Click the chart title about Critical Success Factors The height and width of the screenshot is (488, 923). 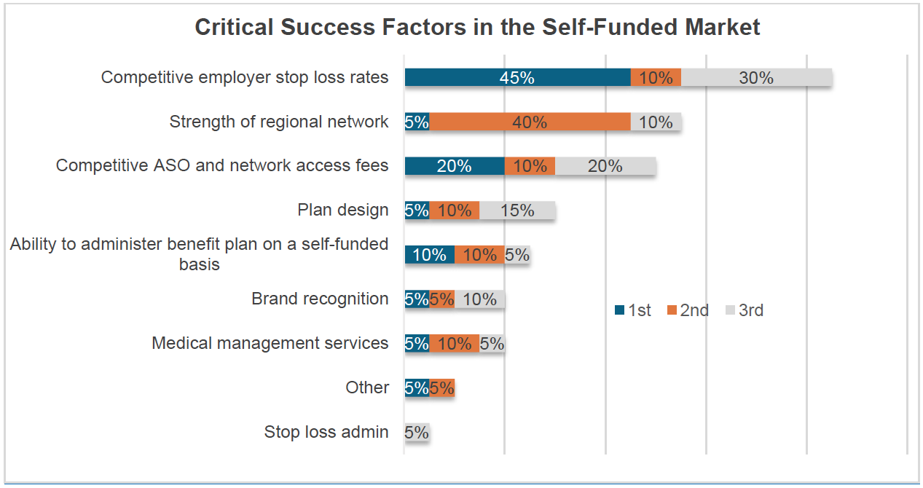pos(477,28)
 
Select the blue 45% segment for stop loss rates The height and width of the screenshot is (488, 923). pos(517,78)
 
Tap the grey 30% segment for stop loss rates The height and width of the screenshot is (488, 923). pos(756,78)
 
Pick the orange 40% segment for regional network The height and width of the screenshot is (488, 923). pos(530,122)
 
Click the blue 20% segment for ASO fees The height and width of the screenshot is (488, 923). pos(454,166)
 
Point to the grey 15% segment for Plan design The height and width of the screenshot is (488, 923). pos(517,210)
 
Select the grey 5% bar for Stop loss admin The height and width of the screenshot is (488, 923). pos(417,433)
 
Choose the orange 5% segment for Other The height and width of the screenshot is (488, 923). pos(441,388)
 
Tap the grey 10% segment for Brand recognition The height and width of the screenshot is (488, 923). pos(479,299)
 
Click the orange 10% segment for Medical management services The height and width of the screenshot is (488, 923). pos(454,344)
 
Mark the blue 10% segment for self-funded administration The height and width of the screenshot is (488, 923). pos(429,255)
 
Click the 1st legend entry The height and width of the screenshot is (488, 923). pos(632,310)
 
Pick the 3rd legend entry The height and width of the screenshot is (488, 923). pos(744,310)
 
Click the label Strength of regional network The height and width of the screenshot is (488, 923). pos(279,122)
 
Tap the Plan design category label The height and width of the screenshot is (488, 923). pos(343,210)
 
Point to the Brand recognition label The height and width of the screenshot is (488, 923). pos(320,299)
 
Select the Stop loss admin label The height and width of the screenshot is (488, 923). pos(326,432)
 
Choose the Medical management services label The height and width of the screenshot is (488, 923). pos(270,343)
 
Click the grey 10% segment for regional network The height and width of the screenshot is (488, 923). pos(656,122)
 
